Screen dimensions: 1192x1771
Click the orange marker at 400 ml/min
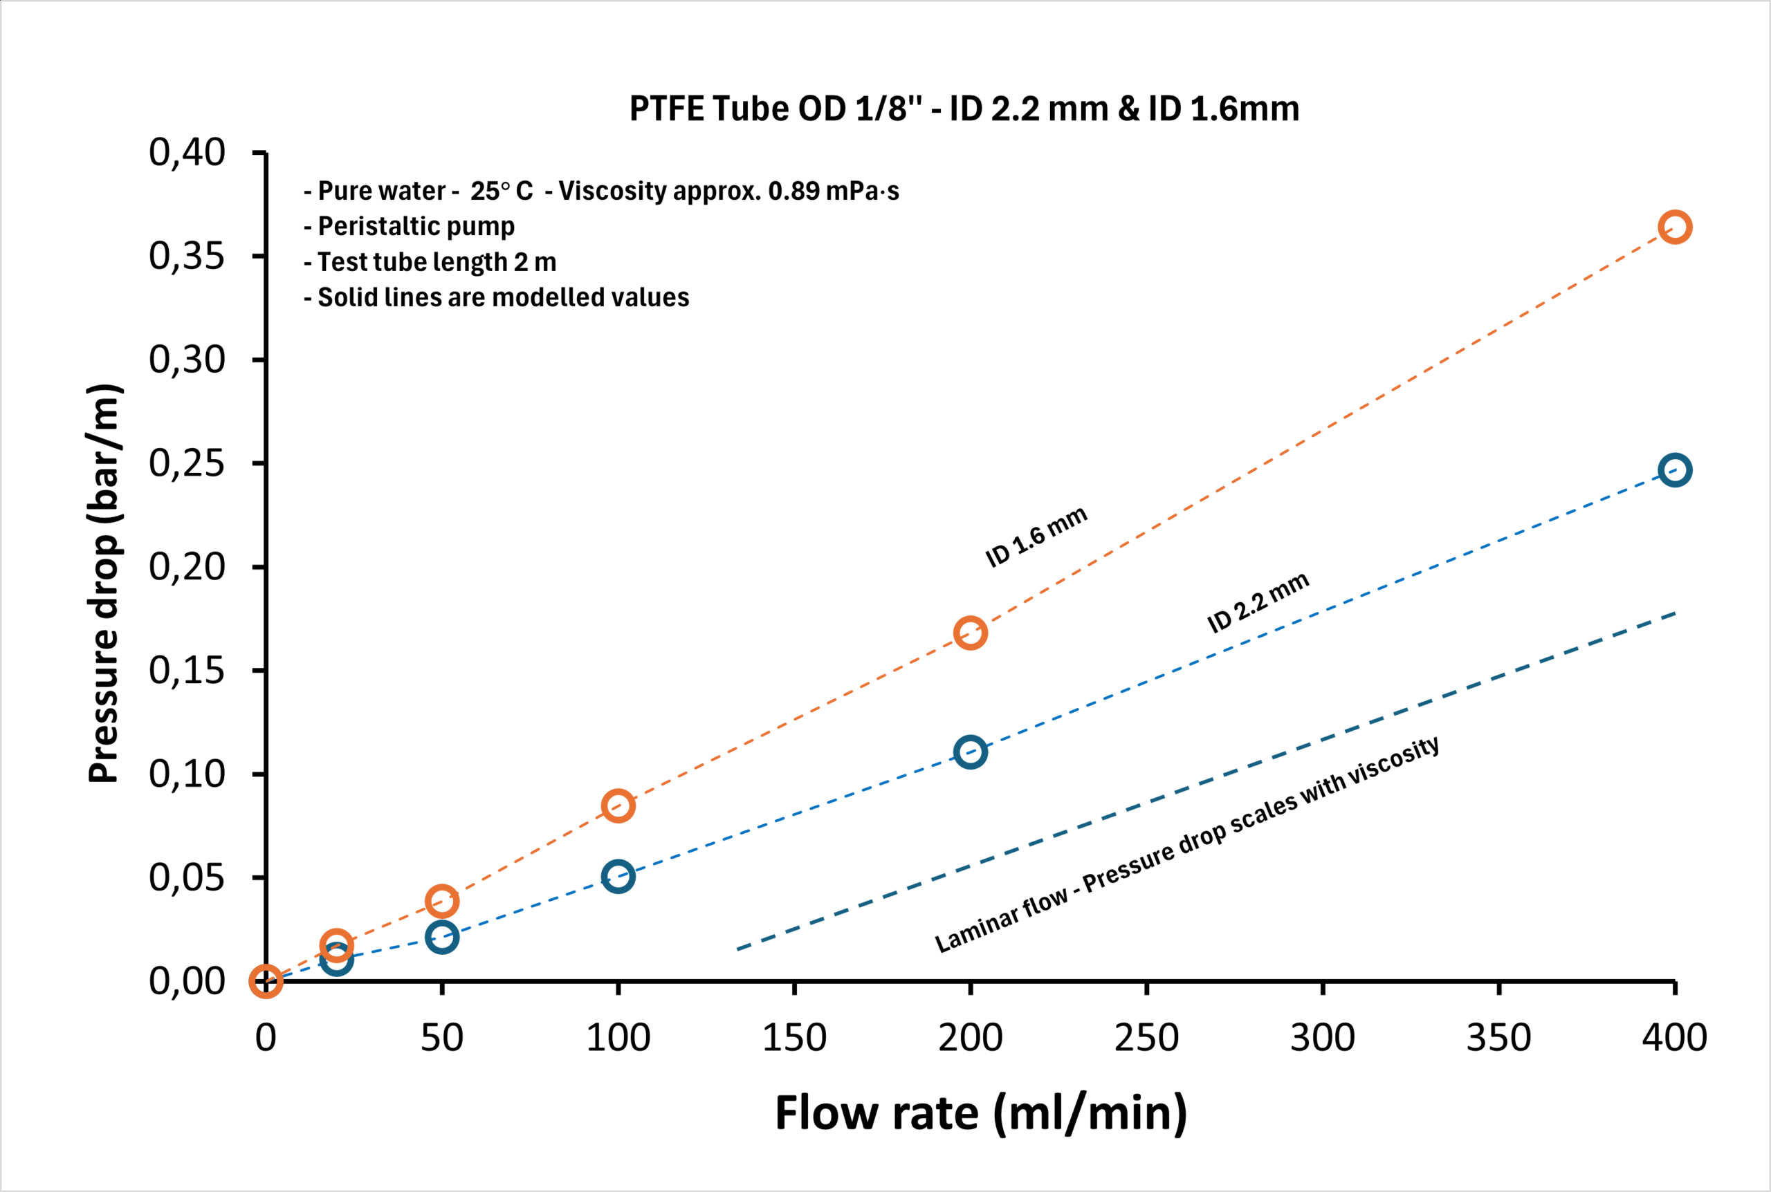pos(1674,227)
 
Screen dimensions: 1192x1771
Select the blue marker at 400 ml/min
pos(1674,469)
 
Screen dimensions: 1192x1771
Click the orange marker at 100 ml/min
pos(618,805)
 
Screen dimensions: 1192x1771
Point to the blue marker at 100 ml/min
pos(618,877)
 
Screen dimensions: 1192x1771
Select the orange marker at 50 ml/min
pos(442,901)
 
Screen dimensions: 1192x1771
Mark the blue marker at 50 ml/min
pos(442,937)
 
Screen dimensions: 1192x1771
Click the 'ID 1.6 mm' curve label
pos(1036,537)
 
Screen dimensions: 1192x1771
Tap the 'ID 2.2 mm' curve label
pos(1258,603)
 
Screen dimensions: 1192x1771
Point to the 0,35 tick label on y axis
pos(187,257)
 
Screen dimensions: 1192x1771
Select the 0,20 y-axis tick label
pos(187,566)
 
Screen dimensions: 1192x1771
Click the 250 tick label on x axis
pos(1146,1038)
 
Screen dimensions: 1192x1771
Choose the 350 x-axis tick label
pos(1498,1038)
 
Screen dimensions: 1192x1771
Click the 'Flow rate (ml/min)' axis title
pos(981,1113)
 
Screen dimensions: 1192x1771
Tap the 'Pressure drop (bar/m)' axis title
pos(104,584)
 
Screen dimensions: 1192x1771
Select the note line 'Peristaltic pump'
pos(410,227)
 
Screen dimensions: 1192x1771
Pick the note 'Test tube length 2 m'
pos(430,262)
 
